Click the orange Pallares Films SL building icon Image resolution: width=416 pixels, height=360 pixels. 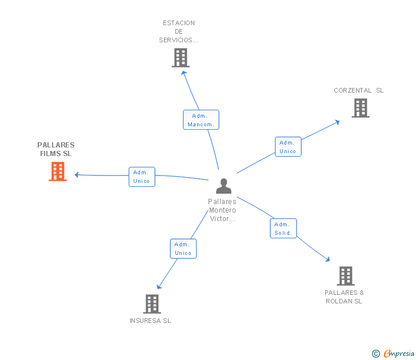[58, 171]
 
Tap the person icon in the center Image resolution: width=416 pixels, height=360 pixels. [223, 186]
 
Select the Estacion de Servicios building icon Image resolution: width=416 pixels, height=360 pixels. [181, 58]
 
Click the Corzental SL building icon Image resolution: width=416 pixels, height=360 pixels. [361, 108]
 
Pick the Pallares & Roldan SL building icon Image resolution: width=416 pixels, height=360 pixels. [345, 276]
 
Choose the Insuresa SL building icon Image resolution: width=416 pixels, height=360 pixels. [151, 304]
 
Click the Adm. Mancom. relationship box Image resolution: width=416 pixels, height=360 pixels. [201, 120]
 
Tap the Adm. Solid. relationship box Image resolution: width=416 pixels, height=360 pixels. [283, 229]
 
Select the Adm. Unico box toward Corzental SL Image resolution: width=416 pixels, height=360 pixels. [287, 147]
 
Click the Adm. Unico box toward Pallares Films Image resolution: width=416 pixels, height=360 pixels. [141, 177]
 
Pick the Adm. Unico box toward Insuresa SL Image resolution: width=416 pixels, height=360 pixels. [183, 249]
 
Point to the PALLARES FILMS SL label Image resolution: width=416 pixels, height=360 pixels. [56, 149]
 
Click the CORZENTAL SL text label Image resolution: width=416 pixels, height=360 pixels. [359, 90]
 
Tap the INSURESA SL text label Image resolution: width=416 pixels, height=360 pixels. [150, 321]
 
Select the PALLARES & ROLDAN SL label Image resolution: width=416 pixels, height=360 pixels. [344, 297]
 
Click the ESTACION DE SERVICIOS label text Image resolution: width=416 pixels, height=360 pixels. [179, 31]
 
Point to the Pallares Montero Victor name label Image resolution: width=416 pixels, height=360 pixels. [222, 210]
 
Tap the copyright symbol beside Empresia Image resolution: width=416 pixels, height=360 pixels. [376, 354]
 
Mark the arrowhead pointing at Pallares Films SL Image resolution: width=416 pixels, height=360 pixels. [77, 175]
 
